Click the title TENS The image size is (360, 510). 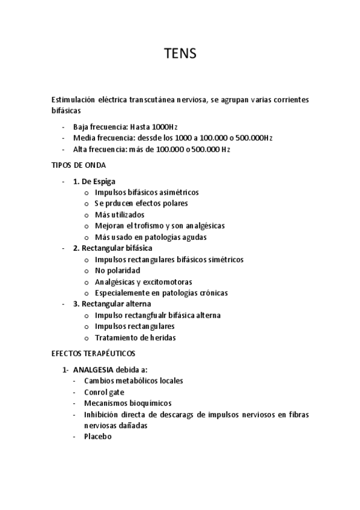(x=180, y=54)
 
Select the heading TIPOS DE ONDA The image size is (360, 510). (x=80, y=165)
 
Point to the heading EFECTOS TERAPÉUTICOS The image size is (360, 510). (x=94, y=353)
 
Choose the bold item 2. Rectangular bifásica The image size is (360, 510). (x=112, y=248)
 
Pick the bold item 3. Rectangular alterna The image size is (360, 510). (x=112, y=304)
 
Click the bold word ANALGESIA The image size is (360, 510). (x=96, y=369)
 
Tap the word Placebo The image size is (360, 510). (x=98, y=437)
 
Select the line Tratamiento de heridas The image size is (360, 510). (x=135, y=337)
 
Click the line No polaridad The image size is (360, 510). (x=117, y=271)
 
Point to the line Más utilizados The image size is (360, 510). (x=120, y=215)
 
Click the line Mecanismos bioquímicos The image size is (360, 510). (x=127, y=403)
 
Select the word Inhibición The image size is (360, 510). (x=102, y=414)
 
